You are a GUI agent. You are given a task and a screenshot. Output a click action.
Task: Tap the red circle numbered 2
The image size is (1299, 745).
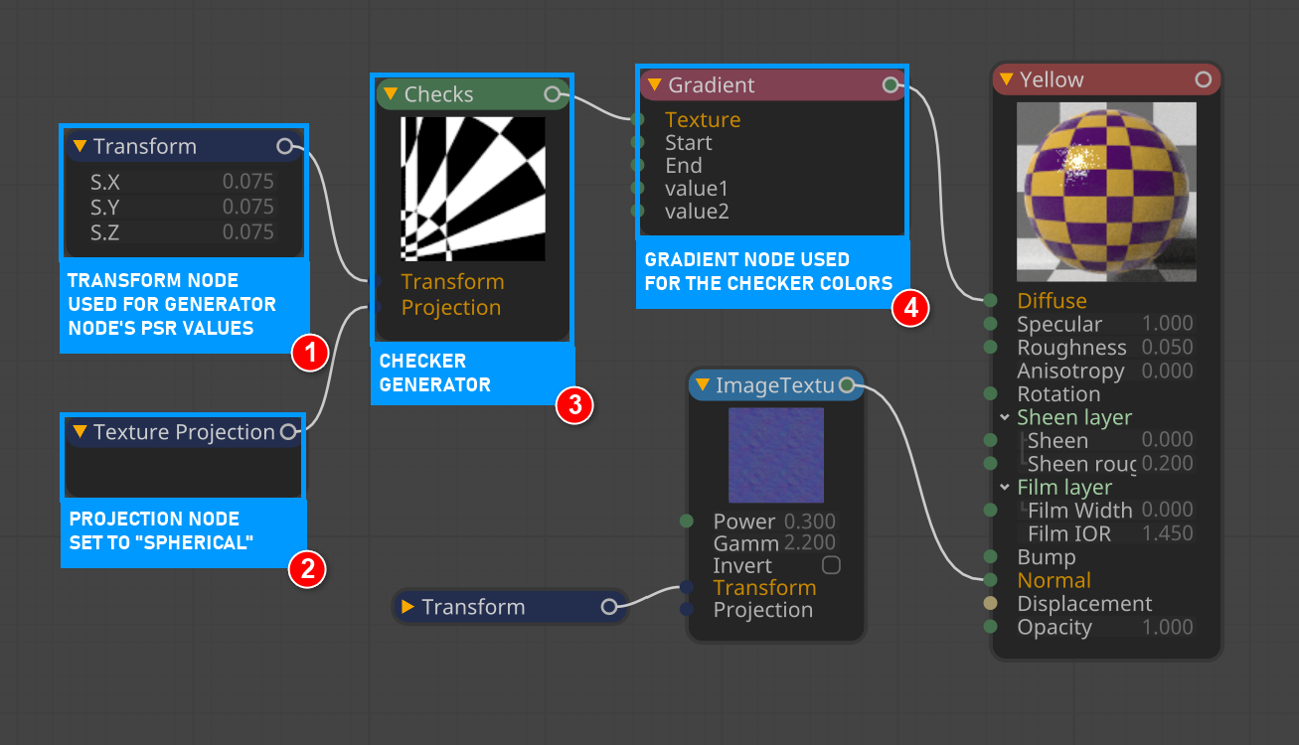click(x=307, y=568)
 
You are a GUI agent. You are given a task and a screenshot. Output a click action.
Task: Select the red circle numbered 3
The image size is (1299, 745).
click(x=574, y=405)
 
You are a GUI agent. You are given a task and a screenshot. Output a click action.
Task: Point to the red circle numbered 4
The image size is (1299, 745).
click(x=910, y=308)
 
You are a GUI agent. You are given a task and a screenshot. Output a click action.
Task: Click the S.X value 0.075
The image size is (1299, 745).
click(x=247, y=182)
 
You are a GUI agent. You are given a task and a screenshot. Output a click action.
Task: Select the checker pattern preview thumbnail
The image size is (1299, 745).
click(x=473, y=189)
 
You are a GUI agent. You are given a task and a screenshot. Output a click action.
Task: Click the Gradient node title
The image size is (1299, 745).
click(x=712, y=85)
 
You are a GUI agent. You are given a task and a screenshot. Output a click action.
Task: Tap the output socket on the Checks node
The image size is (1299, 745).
click(x=553, y=94)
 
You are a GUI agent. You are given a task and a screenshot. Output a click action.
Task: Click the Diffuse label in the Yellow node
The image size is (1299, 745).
click(x=1052, y=300)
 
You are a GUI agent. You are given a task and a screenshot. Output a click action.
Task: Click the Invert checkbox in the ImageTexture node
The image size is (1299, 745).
click(x=831, y=565)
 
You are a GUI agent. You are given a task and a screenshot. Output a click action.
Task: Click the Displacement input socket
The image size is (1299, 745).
click(x=990, y=604)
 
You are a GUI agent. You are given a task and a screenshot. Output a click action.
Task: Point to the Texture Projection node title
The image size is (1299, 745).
click(x=184, y=432)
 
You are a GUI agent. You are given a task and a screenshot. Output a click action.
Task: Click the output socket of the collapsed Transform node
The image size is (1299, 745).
click(x=609, y=607)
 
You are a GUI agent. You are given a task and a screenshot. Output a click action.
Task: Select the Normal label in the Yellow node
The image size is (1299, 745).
click(x=1054, y=580)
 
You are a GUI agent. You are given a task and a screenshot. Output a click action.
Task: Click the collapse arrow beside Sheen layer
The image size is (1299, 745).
click(x=1005, y=417)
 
